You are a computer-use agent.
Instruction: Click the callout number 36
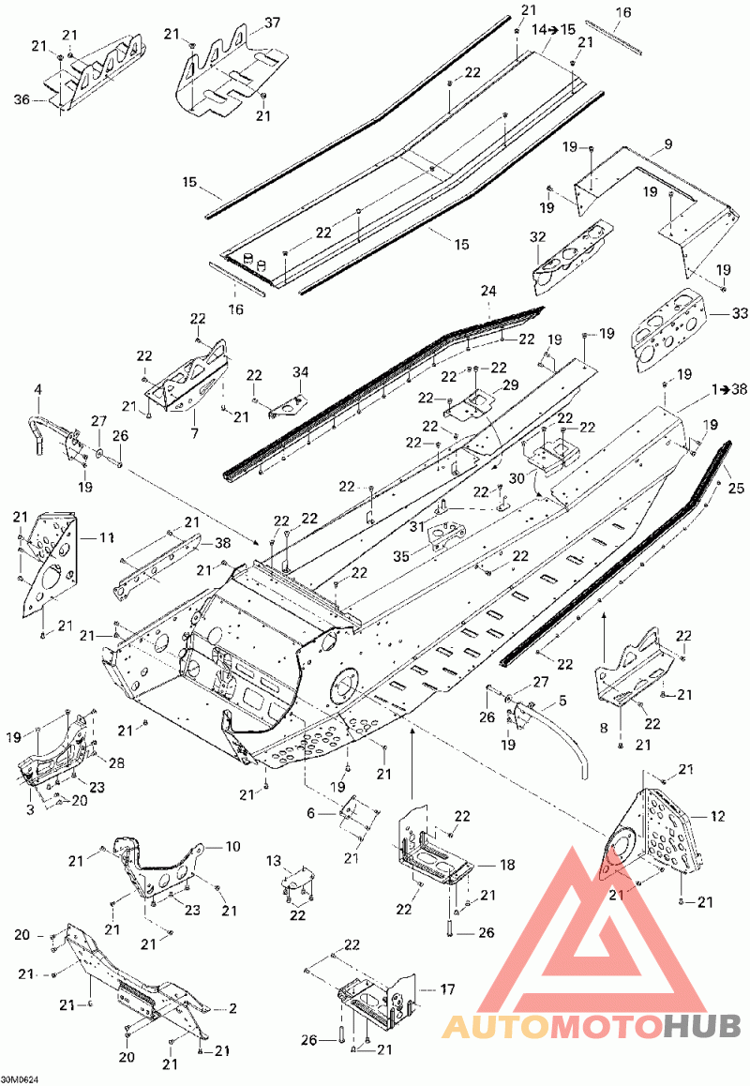tap(22, 99)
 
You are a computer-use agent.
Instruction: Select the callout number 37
tap(272, 23)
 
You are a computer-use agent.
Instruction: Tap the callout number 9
tap(667, 144)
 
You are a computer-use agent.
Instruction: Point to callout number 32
tap(538, 237)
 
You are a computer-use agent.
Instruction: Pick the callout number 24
tap(488, 292)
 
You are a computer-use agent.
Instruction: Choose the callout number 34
tap(300, 372)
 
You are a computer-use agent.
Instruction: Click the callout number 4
tap(38, 390)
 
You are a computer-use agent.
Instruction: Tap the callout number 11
tap(107, 537)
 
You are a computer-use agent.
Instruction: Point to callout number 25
tap(736, 489)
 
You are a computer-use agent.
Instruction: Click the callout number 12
tap(717, 817)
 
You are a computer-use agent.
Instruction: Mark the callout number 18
tap(507, 865)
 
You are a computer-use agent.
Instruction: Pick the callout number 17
tap(447, 989)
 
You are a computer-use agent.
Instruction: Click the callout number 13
tap(275, 861)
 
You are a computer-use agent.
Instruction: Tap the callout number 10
tap(232, 846)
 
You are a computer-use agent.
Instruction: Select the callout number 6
tap(310, 814)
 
